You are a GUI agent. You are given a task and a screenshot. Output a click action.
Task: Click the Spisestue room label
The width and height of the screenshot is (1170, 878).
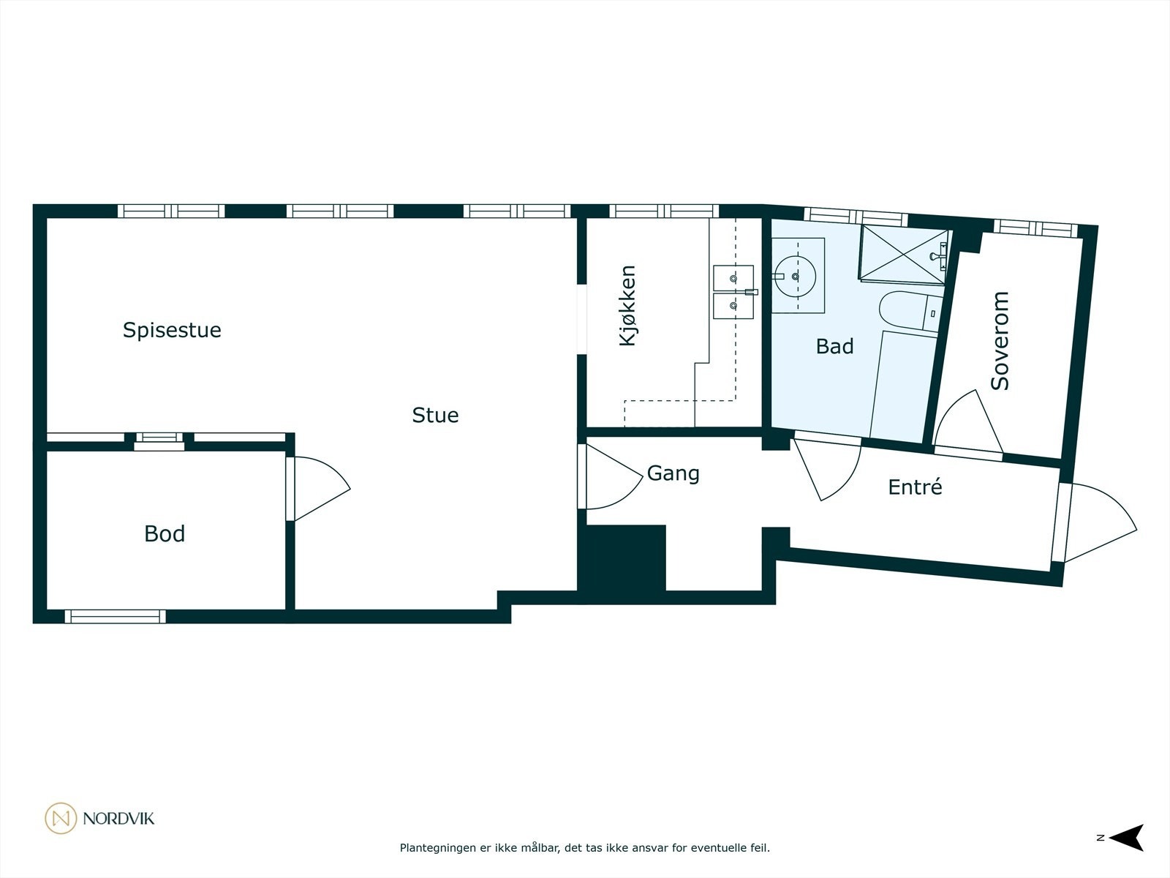[172, 330]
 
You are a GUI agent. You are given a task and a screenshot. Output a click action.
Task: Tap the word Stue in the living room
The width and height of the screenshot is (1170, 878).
[435, 415]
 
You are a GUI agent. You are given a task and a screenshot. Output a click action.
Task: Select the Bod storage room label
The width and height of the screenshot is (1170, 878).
[165, 533]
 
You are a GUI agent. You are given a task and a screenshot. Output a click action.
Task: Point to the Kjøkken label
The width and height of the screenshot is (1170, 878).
[627, 306]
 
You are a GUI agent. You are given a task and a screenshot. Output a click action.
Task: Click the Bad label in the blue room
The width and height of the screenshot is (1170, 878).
[834, 346]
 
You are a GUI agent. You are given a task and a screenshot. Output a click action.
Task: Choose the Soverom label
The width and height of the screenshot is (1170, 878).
[1000, 340]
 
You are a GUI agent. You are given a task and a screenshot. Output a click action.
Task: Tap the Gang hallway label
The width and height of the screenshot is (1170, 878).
[673, 473]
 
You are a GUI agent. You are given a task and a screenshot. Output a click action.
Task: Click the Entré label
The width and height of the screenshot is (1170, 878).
[915, 487]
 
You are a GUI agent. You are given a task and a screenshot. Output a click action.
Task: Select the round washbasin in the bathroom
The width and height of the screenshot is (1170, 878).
[795, 276]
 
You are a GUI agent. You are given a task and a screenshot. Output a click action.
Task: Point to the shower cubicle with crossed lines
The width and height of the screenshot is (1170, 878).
[902, 253]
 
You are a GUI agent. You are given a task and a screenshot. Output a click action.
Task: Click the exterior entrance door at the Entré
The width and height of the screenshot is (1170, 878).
[1097, 523]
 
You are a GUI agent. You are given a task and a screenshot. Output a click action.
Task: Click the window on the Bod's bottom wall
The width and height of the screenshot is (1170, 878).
[116, 616]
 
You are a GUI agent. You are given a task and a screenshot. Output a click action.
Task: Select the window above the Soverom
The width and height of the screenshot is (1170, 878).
[1035, 228]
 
